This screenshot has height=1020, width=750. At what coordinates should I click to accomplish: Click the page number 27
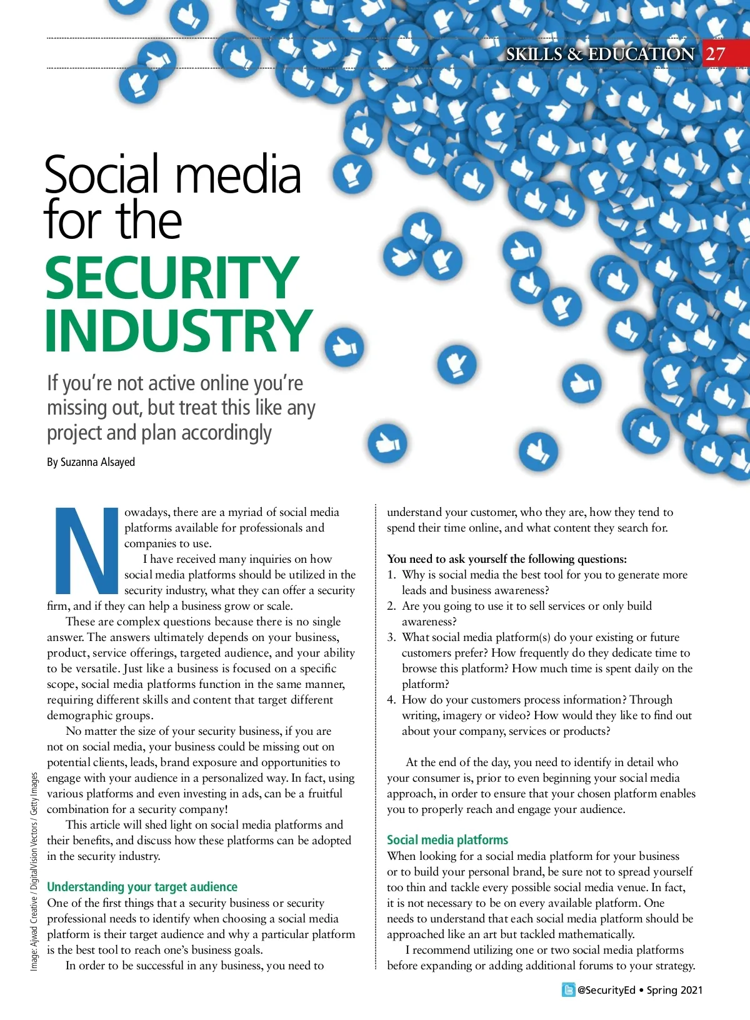click(716, 54)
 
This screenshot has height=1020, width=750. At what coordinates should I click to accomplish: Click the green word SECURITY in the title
click(172, 278)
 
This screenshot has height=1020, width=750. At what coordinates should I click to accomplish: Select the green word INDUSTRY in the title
click(178, 330)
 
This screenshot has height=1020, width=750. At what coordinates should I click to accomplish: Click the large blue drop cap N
click(86, 550)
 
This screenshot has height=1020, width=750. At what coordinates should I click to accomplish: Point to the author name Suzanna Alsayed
click(97, 462)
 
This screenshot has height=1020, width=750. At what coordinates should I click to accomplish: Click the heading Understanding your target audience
click(142, 887)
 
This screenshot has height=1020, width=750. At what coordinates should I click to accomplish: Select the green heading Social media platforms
click(447, 840)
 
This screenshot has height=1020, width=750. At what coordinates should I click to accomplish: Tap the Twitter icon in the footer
click(568, 990)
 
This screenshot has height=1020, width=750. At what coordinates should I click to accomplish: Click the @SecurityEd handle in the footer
click(606, 990)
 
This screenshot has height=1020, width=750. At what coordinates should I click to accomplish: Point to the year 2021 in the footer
click(691, 990)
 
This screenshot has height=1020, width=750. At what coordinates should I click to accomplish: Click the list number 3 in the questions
click(391, 637)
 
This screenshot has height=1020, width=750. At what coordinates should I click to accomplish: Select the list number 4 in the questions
click(391, 700)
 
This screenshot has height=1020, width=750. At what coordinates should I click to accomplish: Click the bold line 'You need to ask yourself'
click(506, 559)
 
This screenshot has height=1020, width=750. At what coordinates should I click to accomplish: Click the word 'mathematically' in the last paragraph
click(594, 934)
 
